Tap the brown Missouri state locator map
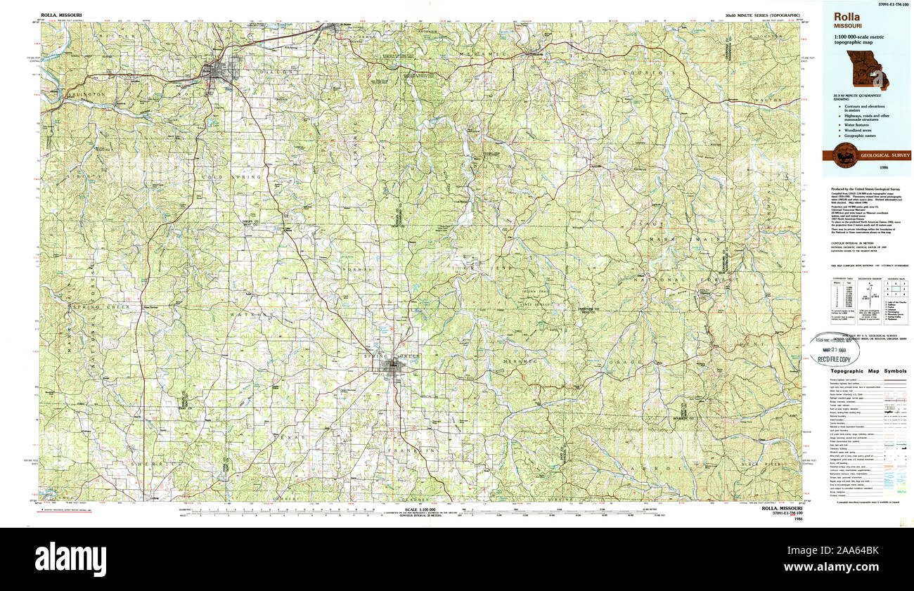coord(867,70)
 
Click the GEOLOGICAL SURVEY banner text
coord(880,155)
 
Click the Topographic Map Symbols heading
coord(867,370)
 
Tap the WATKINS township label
coord(249,315)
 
